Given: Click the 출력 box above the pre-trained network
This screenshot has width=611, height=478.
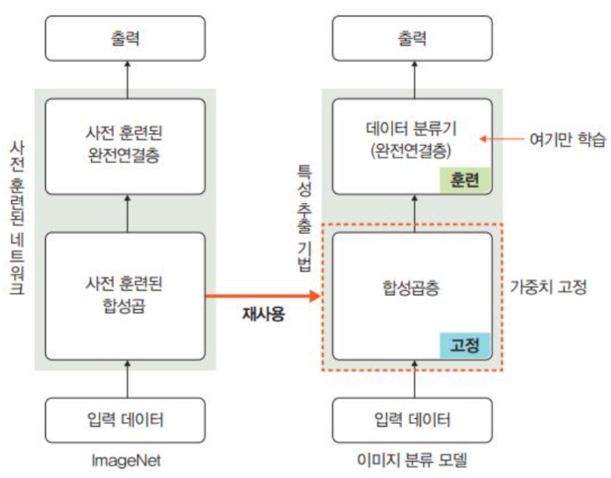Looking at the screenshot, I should (x=127, y=39).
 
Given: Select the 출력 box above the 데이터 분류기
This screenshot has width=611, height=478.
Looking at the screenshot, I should (x=413, y=39).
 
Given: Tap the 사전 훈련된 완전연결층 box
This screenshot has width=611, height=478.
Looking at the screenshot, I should (x=127, y=146).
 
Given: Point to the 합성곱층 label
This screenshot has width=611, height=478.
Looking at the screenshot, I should (x=413, y=289).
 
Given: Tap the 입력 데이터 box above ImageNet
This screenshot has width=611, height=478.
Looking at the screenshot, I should (x=127, y=421).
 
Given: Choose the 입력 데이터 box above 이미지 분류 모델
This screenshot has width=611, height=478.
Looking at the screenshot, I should (x=413, y=421).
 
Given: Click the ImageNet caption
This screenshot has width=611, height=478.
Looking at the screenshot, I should (x=127, y=460).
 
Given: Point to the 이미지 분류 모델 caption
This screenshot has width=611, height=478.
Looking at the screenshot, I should (x=413, y=460).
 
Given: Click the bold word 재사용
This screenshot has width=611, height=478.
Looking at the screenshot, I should (x=264, y=319).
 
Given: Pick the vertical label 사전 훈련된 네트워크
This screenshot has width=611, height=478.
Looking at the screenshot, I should (x=17, y=218).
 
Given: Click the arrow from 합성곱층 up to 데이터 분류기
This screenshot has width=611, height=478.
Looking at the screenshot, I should (x=413, y=213).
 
